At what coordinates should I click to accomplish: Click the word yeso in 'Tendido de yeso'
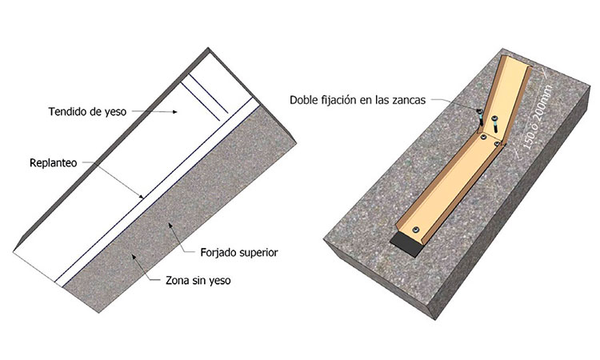click(115, 113)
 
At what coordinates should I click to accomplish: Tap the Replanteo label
click(53, 163)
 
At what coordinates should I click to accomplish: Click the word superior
click(258, 254)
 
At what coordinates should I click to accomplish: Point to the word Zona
click(178, 281)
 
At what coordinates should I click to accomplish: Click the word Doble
click(302, 100)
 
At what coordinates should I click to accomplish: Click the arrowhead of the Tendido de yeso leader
click(175, 112)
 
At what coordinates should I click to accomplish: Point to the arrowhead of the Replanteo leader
click(141, 197)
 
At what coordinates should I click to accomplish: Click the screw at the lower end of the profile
click(415, 230)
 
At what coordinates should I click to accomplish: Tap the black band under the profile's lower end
click(406, 244)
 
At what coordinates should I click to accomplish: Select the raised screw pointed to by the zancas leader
click(479, 117)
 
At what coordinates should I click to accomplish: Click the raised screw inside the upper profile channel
click(495, 124)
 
